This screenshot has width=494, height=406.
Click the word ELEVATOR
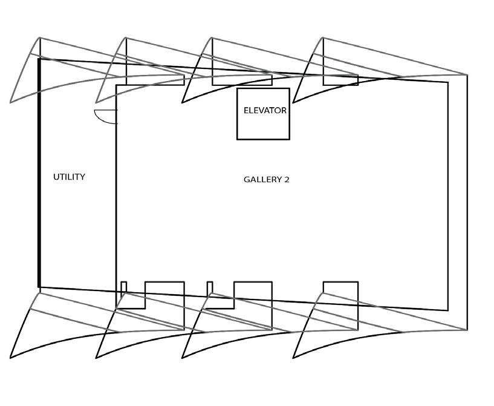pos(265,111)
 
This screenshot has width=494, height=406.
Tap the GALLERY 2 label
pos(266,180)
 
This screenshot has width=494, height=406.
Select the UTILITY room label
pos(69,177)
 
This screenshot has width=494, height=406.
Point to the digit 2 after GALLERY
pos(287,180)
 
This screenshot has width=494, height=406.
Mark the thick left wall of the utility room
pos(39,172)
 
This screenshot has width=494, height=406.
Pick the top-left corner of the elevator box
pos(237,88)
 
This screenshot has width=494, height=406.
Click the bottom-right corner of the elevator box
pos(290,139)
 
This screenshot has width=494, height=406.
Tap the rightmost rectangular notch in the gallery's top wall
pos(340,80)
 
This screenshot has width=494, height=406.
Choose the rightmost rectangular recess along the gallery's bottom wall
pos(340,306)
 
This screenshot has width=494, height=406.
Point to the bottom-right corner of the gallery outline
pos(448,310)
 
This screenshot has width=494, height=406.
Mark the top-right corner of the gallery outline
pos(448,82)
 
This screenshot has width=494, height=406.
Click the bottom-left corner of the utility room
pos(39,287)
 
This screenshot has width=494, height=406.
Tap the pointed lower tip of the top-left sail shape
pos(10,102)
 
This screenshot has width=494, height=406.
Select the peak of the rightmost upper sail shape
pos(323,38)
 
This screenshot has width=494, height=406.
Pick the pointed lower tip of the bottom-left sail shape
pos(10,358)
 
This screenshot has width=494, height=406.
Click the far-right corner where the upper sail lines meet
pos(467,75)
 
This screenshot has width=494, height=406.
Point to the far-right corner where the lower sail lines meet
pos(467,330)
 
